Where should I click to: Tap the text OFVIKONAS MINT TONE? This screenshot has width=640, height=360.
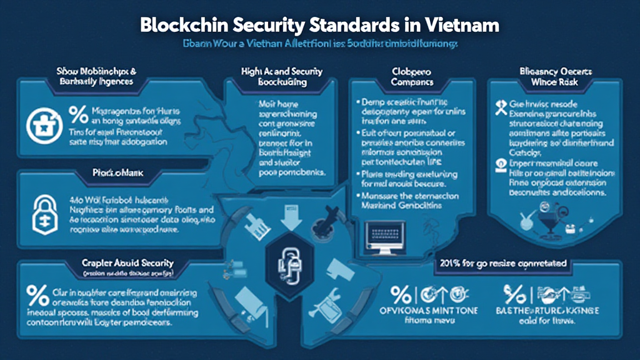pyautogui.click(x=430, y=311)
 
